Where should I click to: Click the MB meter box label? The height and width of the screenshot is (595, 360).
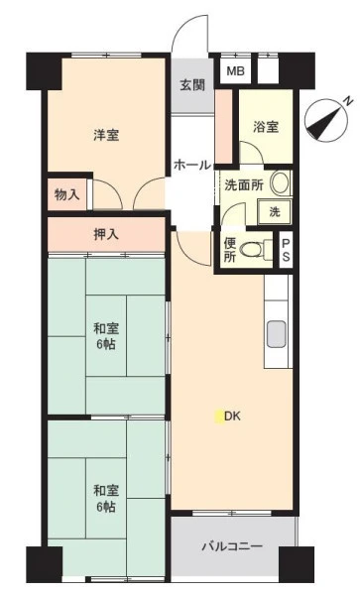tap(236, 71)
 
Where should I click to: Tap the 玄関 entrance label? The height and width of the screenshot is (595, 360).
tap(192, 85)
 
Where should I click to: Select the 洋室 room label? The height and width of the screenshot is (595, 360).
tap(106, 135)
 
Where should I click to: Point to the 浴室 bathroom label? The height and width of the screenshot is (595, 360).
tap(266, 126)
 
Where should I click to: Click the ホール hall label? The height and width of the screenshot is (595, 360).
tap(192, 165)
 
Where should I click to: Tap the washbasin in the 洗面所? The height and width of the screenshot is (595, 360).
tap(281, 182)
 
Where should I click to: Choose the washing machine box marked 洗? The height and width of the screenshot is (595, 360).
tap(275, 211)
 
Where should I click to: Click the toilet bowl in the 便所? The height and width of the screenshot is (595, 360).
tap(254, 249)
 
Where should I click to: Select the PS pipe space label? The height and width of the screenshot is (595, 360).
tap(286, 250)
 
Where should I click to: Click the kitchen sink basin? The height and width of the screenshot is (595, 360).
tap(276, 334)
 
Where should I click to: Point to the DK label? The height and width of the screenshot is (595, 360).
tap(232, 416)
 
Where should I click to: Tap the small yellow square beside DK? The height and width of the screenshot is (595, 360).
tap(219, 417)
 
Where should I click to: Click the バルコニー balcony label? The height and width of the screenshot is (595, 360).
tap(232, 546)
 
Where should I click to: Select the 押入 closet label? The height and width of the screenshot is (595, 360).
tap(106, 234)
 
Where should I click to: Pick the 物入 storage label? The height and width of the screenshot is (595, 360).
tap(67, 195)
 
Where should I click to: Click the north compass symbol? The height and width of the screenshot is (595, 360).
tap(326, 120)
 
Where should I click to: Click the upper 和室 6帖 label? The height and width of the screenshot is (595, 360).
tap(106, 336)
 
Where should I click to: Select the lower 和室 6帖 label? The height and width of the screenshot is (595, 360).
tap(106, 498)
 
